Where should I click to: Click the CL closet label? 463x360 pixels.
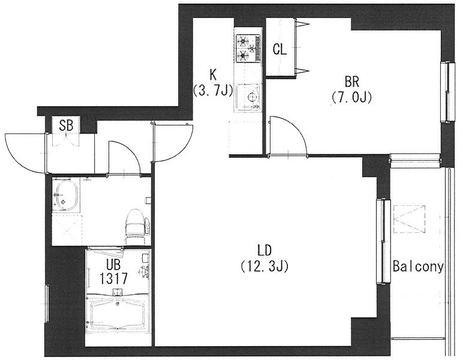[x=279, y=50]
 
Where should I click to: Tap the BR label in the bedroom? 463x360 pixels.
[x=351, y=82]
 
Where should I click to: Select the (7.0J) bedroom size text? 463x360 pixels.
[x=351, y=97]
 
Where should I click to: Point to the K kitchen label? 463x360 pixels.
[x=213, y=75]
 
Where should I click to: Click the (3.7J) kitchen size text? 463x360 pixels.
[x=213, y=90]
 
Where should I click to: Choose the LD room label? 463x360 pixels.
[x=264, y=251]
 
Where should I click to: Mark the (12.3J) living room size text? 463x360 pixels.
[x=264, y=266]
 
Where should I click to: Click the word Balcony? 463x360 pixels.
[x=419, y=267]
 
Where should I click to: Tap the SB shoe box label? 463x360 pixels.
[x=66, y=126]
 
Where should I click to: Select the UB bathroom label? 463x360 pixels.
[x=113, y=265]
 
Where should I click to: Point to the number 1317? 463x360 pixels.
[x=114, y=278]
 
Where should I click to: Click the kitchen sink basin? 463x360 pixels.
[x=248, y=97]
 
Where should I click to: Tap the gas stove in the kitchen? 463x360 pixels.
[x=248, y=49]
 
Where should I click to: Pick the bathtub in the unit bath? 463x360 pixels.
[x=118, y=314]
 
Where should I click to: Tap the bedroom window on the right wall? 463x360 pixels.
[x=448, y=92]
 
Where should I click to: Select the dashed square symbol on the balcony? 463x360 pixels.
[x=409, y=219]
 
